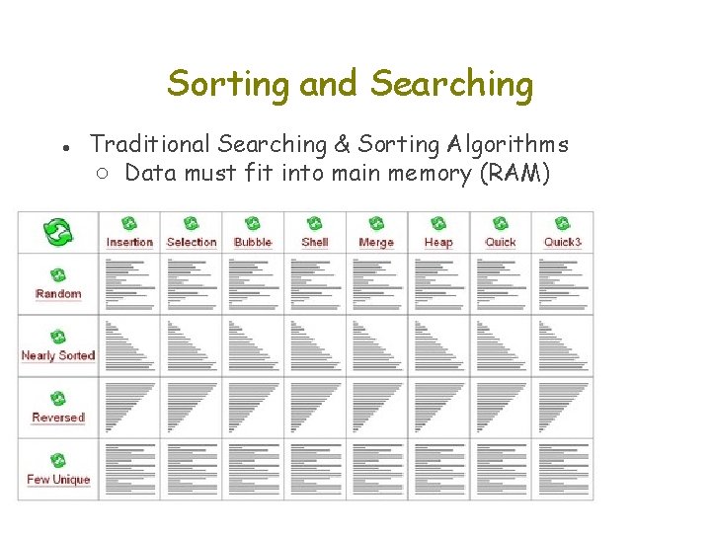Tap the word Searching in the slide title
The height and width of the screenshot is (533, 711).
(451, 85)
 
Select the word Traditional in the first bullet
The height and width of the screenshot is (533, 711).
(150, 144)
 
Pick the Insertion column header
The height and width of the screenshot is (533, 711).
(129, 242)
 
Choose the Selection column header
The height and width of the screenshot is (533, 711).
(192, 242)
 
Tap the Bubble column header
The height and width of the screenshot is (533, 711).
(253, 242)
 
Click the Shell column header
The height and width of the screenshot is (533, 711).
(315, 242)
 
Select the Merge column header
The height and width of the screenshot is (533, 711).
(376, 242)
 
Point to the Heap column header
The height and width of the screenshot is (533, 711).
(438, 242)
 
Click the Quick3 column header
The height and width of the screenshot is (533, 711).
(563, 242)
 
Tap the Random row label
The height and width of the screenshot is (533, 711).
(58, 293)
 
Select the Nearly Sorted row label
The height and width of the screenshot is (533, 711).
(58, 355)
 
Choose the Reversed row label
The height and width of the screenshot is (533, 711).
(58, 418)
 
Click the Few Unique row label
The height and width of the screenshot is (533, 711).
(58, 480)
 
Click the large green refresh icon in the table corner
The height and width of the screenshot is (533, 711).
(58, 233)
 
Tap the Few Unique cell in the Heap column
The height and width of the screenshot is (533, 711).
(438, 469)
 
